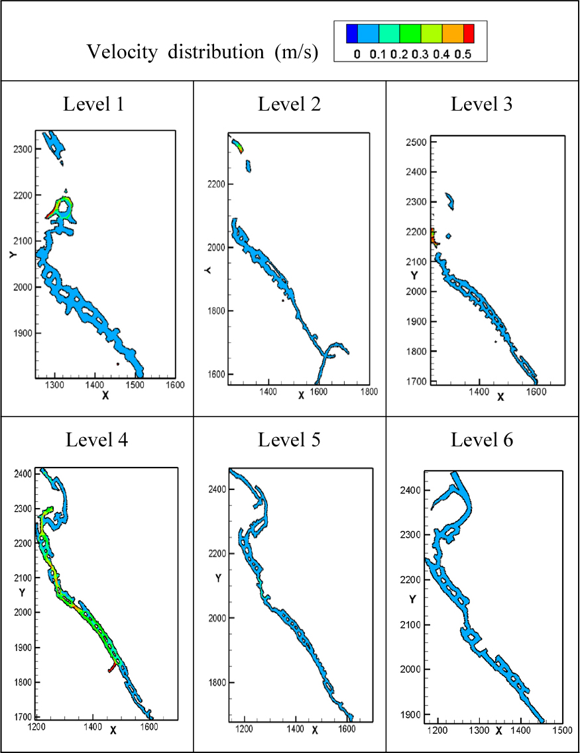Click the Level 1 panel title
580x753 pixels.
[x=96, y=104]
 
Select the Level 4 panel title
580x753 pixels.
[x=96, y=440]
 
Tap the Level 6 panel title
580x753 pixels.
[x=482, y=440]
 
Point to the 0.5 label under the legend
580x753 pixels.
[x=463, y=54]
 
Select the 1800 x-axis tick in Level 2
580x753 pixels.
[x=369, y=392]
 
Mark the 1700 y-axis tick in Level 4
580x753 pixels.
[x=23, y=717]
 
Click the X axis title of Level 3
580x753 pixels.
[x=500, y=397]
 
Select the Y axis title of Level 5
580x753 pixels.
[x=218, y=578]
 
